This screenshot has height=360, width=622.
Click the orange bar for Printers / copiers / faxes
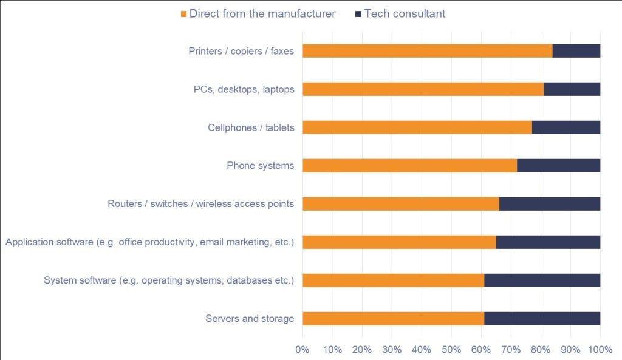tap(427, 51)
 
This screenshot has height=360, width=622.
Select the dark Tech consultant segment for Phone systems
tap(558, 166)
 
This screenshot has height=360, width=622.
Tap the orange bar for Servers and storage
tap(393, 318)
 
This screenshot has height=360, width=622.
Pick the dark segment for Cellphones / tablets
tap(566, 127)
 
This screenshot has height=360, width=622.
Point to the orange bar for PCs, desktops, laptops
tap(423, 89)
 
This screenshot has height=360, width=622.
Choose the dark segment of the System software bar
tap(542, 280)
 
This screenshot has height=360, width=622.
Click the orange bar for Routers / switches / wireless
tap(400, 203)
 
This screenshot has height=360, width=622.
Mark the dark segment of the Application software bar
tap(548, 242)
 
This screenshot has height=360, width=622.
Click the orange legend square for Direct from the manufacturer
tap(184, 14)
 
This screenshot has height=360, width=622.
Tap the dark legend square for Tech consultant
tap(358, 14)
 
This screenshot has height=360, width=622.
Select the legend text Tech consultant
tap(405, 13)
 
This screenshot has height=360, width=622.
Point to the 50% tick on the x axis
tap(451, 349)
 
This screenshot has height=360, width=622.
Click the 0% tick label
tap(302, 349)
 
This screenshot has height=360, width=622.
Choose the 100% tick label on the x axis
tap(600, 349)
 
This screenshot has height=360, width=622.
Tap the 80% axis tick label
tap(541, 349)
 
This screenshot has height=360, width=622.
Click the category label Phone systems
tap(260, 166)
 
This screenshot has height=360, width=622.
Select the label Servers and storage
tap(250, 318)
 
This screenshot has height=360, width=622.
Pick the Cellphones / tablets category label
tap(251, 127)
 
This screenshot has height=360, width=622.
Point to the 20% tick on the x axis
tap(362, 349)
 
